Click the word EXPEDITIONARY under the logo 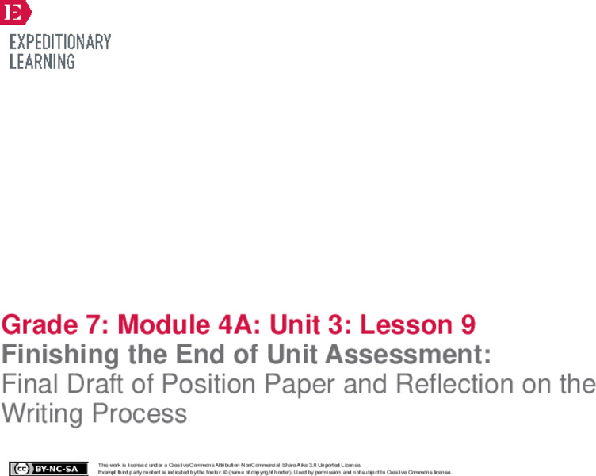point(59,42)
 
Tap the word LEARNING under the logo point(42,61)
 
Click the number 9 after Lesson point(468,325)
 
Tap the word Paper point(318,385)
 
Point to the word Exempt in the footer point(106,472)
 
